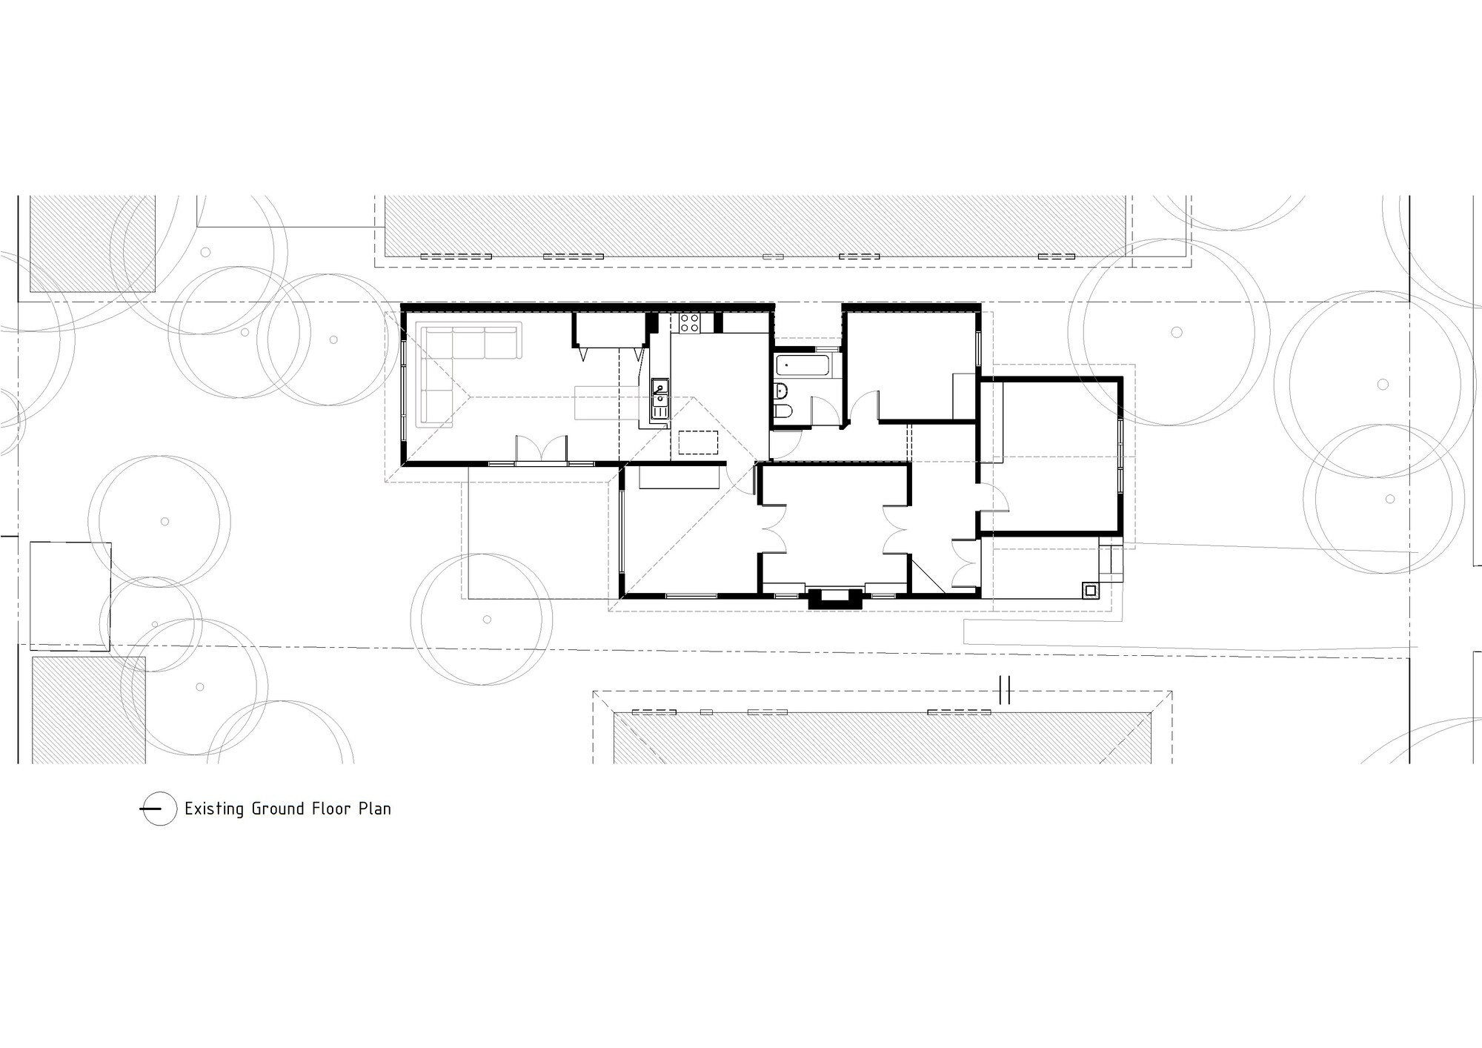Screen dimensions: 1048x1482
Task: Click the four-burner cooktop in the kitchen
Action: tap(689, 322)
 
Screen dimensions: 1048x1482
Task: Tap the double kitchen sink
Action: tap(659, 399)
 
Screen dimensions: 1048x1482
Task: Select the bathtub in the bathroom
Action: tap(804, 365)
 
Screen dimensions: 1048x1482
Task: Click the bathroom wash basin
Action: tap(780, 389)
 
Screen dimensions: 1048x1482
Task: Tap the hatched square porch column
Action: tap(1090, 590)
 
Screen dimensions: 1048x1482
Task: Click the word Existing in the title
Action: tap(214, 809)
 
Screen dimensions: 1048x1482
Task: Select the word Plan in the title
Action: tap(375, 809)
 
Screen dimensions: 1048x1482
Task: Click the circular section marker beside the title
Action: tap(158, 809)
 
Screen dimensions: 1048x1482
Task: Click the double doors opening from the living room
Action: tap(542, 450)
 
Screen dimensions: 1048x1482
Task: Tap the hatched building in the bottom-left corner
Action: tap(89, 709)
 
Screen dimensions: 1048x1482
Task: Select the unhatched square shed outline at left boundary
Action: tap(70, 594)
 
